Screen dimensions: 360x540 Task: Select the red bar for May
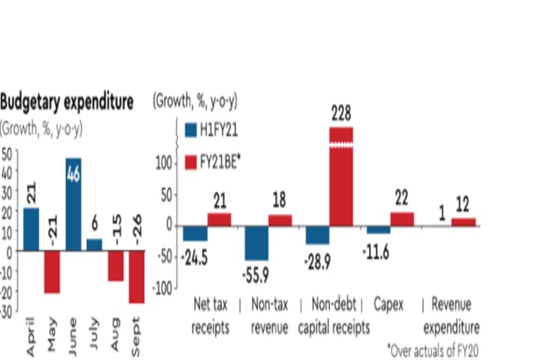click(x=52, y=272)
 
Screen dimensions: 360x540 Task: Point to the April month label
click(x=31, y=338)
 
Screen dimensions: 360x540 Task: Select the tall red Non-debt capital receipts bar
click(x=340, y=176)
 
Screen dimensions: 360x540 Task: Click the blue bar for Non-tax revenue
click(x=257, y=242)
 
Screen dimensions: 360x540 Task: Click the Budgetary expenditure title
click(x=66, y=102)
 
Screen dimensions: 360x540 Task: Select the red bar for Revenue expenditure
click(x=463, y=222)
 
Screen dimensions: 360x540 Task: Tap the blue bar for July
click(x=94, y=245)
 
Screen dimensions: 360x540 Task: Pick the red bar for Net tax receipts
click(x=219, y=218)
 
